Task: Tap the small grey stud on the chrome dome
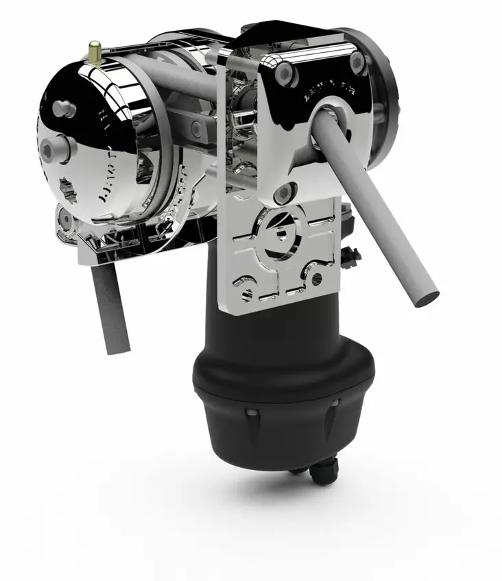click(64, 107)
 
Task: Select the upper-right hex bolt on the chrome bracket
click(357, 62)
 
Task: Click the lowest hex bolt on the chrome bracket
click(282, 195)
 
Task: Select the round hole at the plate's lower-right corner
click(316, 278)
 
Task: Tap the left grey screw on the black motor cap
click(252, 412)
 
